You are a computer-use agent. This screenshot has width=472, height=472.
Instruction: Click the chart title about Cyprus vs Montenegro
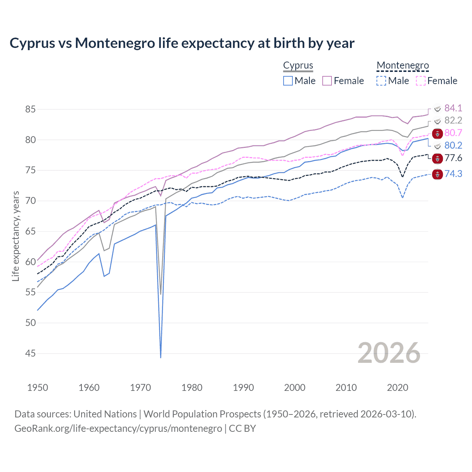point(182,43)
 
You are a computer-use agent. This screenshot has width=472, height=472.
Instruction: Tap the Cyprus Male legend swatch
point(288,81)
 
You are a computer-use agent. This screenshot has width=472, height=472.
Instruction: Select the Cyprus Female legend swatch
point(327,81)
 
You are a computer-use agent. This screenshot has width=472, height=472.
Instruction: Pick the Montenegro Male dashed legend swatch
point(381,81)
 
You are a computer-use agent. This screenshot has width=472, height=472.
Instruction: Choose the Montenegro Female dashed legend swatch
point(421,81)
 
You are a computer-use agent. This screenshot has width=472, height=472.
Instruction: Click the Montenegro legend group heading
point(403,65)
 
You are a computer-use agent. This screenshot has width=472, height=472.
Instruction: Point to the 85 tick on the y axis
point(31,110)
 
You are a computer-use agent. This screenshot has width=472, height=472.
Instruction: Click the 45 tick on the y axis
point(31,354)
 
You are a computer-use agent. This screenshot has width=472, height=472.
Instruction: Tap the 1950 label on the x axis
point(38,388)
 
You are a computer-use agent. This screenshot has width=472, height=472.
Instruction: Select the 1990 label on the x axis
point(243,388)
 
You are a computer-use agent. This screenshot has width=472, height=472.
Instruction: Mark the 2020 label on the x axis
point(398,388)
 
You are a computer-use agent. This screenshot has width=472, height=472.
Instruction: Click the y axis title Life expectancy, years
point(15,236)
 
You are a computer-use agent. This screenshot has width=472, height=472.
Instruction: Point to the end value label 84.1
point(453,108)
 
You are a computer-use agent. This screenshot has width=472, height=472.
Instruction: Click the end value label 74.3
point(453,174)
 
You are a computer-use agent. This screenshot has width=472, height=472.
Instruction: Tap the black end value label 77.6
point(453,158)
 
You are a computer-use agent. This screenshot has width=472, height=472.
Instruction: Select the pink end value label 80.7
point(453,133)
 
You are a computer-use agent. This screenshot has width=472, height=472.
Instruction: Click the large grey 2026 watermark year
point(389,353)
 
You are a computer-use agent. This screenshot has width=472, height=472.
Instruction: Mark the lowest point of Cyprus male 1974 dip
point(161,357)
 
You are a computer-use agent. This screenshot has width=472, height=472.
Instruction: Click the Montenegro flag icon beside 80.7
point(437,134)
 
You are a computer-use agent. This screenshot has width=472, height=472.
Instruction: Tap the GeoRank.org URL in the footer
point(118,428)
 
